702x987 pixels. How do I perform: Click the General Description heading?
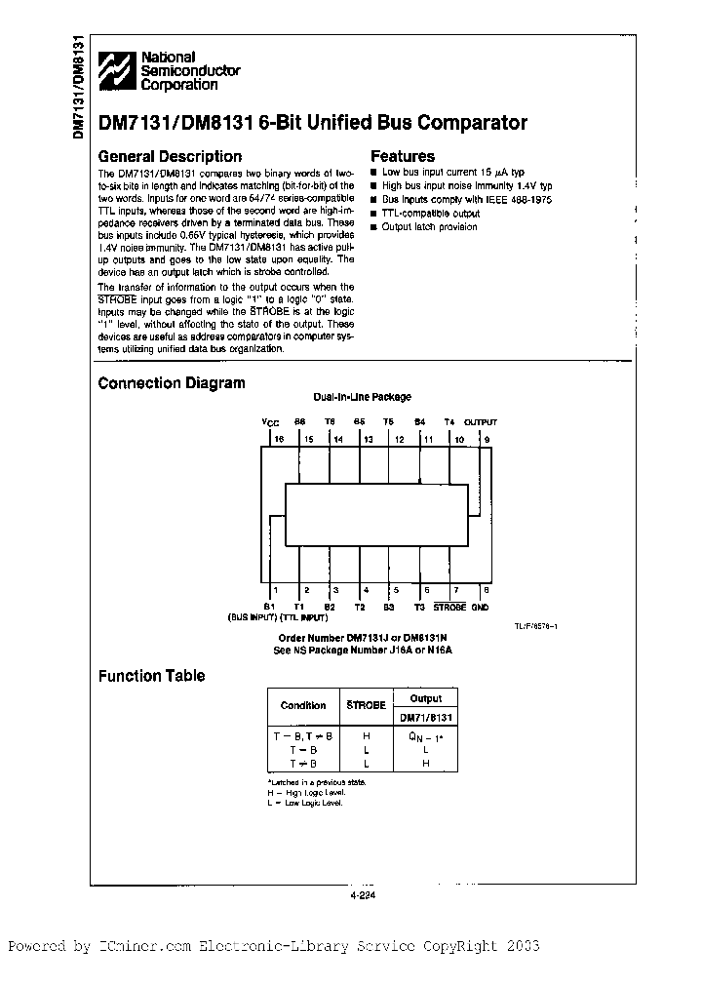point(170,156)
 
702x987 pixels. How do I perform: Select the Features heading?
point(403,156)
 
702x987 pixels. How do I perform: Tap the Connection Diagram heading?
point(172,383)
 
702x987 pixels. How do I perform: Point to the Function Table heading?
point(152,676)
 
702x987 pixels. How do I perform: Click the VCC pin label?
point(270,422)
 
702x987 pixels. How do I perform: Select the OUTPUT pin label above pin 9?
point(480,422)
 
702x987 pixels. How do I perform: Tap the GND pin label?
point(480,607)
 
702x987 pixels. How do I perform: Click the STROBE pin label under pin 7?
point(449,607)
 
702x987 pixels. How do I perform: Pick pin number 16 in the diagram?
point(278,440)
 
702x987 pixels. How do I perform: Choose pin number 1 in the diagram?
point(275,590)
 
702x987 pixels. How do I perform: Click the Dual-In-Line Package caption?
point(362,397)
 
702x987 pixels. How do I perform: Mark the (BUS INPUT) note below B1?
point(252,618)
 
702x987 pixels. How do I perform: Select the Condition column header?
point(303,705)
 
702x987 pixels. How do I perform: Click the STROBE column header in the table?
point(367,705)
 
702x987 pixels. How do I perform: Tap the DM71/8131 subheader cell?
point(425,716)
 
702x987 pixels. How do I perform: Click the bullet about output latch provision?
point(429,227)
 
